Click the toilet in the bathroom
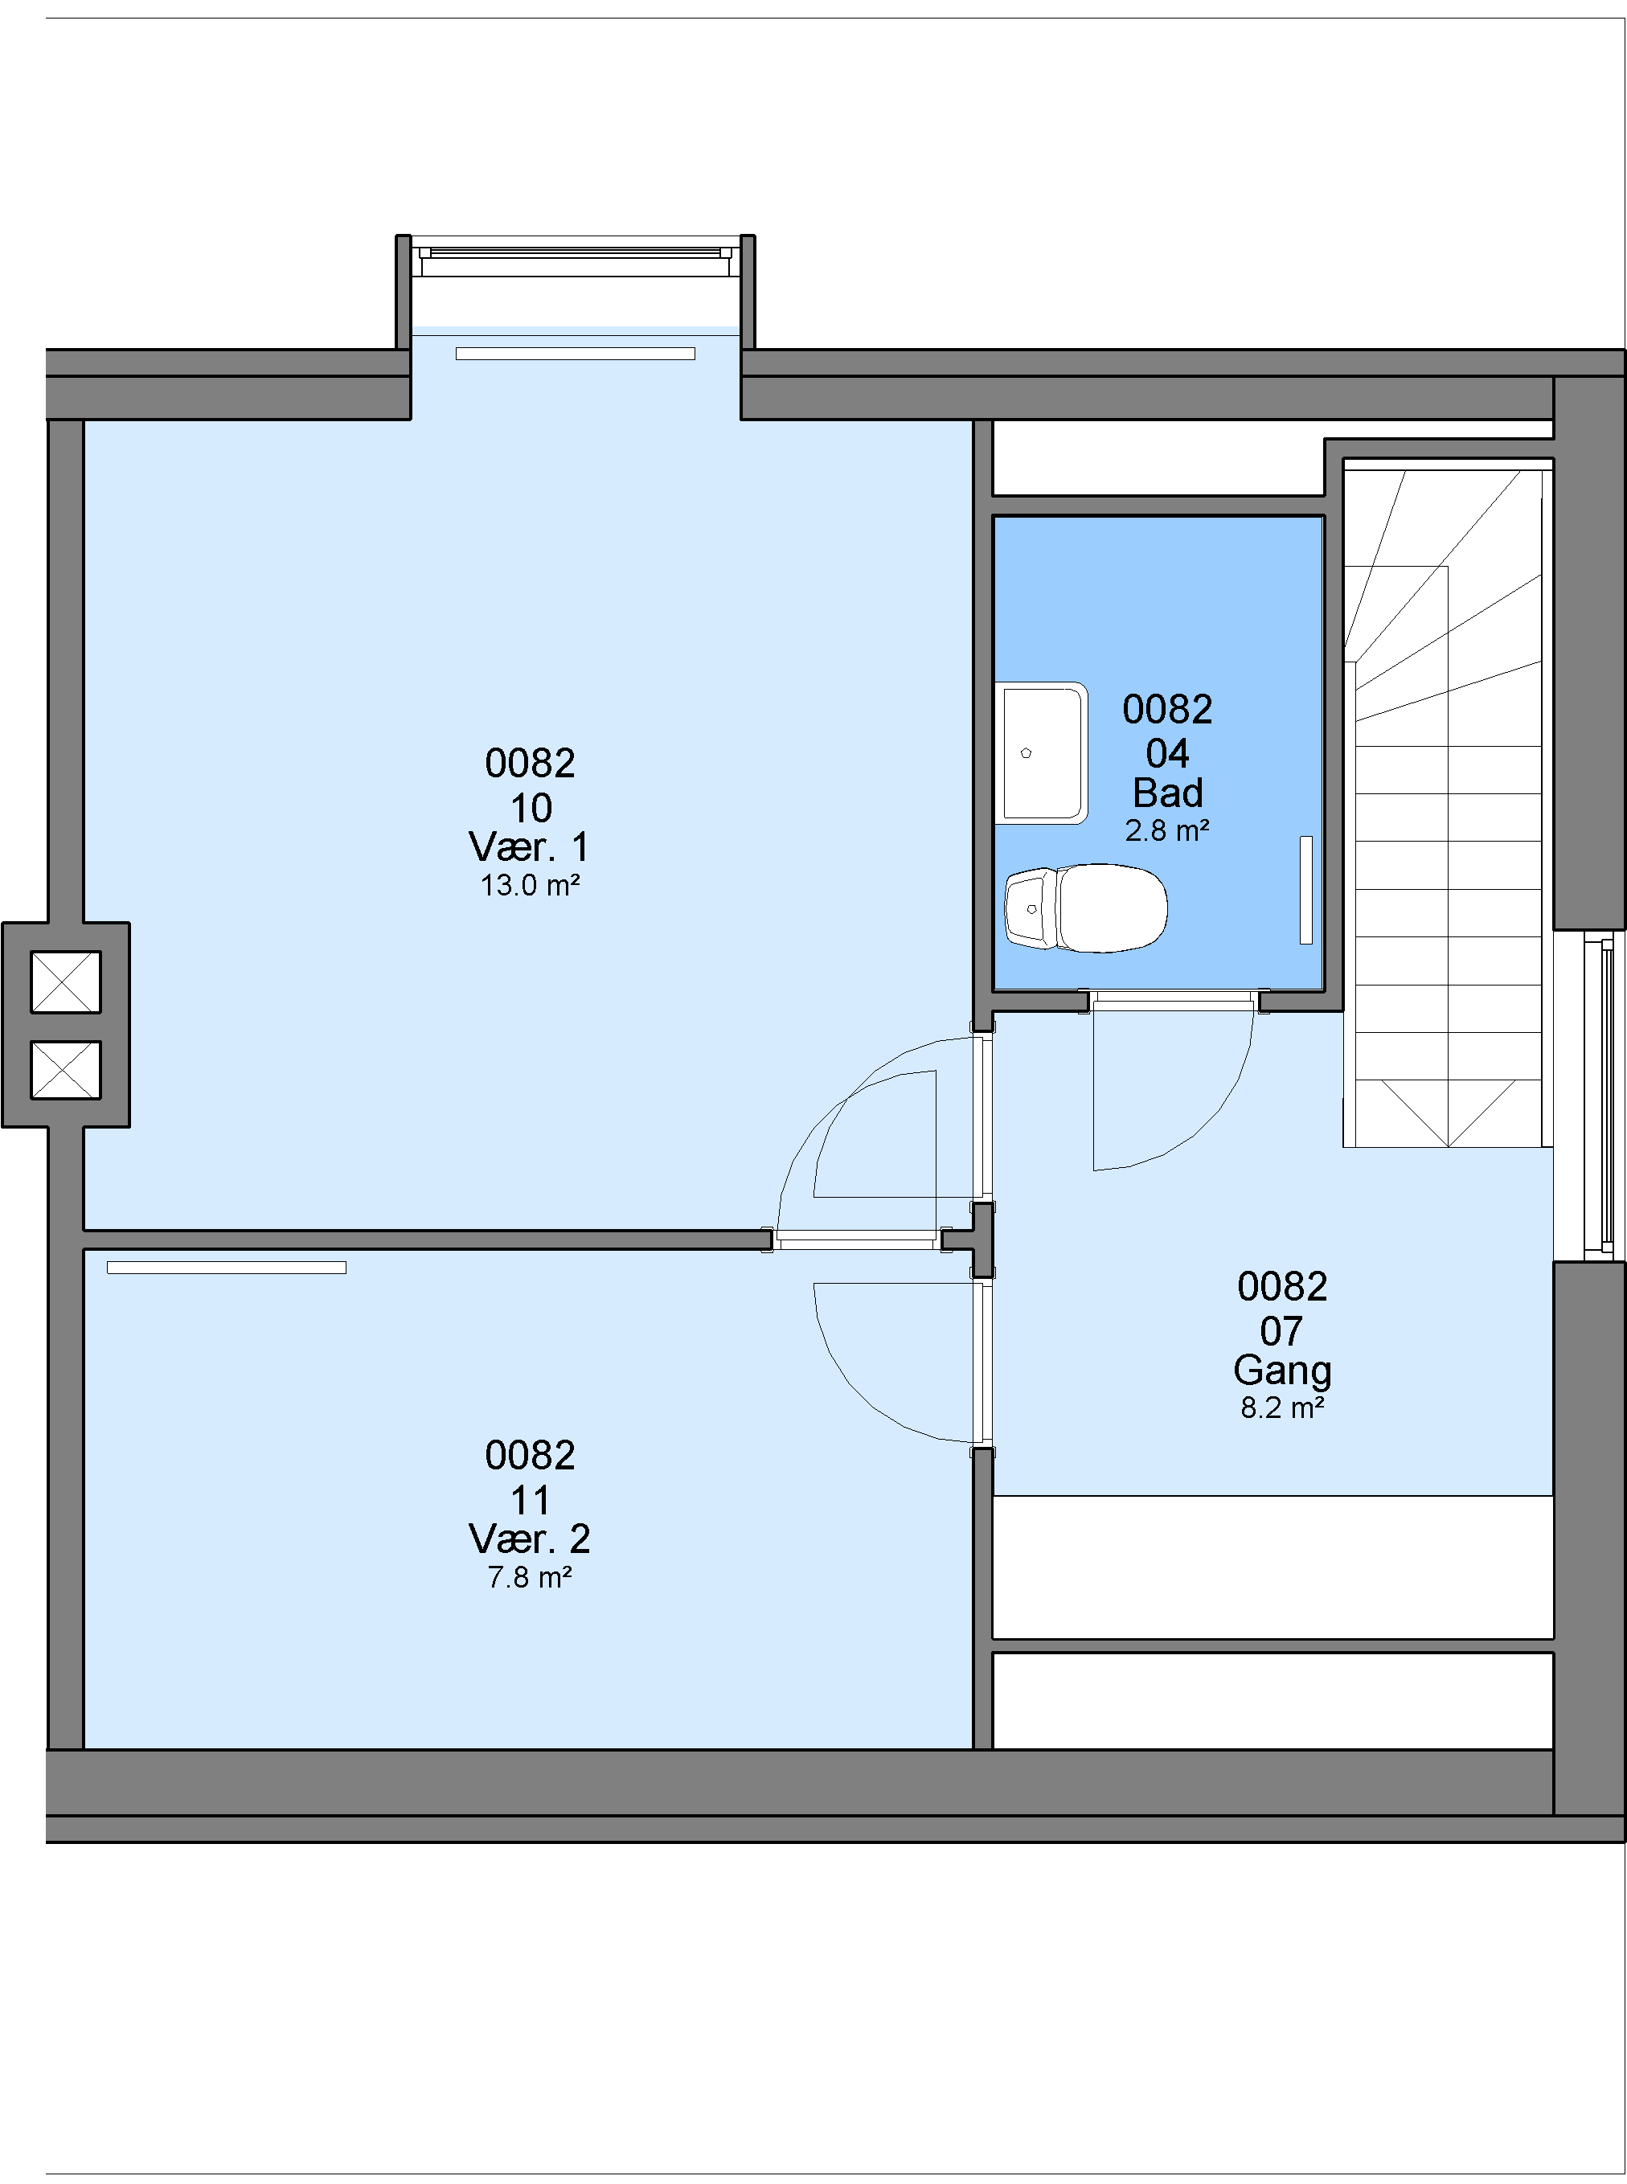[x=1085, y=908]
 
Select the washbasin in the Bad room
[x=1041, y=753]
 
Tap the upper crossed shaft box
[x=66, y=981]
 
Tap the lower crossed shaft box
[x=66, y=1069]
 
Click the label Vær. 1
[x=530, y=846]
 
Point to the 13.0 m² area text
[x=530, y=885]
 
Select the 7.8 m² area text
[x=530, y=1577]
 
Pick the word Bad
[x=1168, y=793]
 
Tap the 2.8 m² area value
[x=1168, y=831]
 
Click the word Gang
[x=1282, y=1371]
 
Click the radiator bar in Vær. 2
[x=227, y=1268]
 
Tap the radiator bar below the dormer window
[x=576, y=354]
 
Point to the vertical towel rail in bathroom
[x=1306, y=890]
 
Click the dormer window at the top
[x=576, y=256]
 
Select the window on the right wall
[x=1598, y=1095]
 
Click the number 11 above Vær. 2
[x=530, y=1501]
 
